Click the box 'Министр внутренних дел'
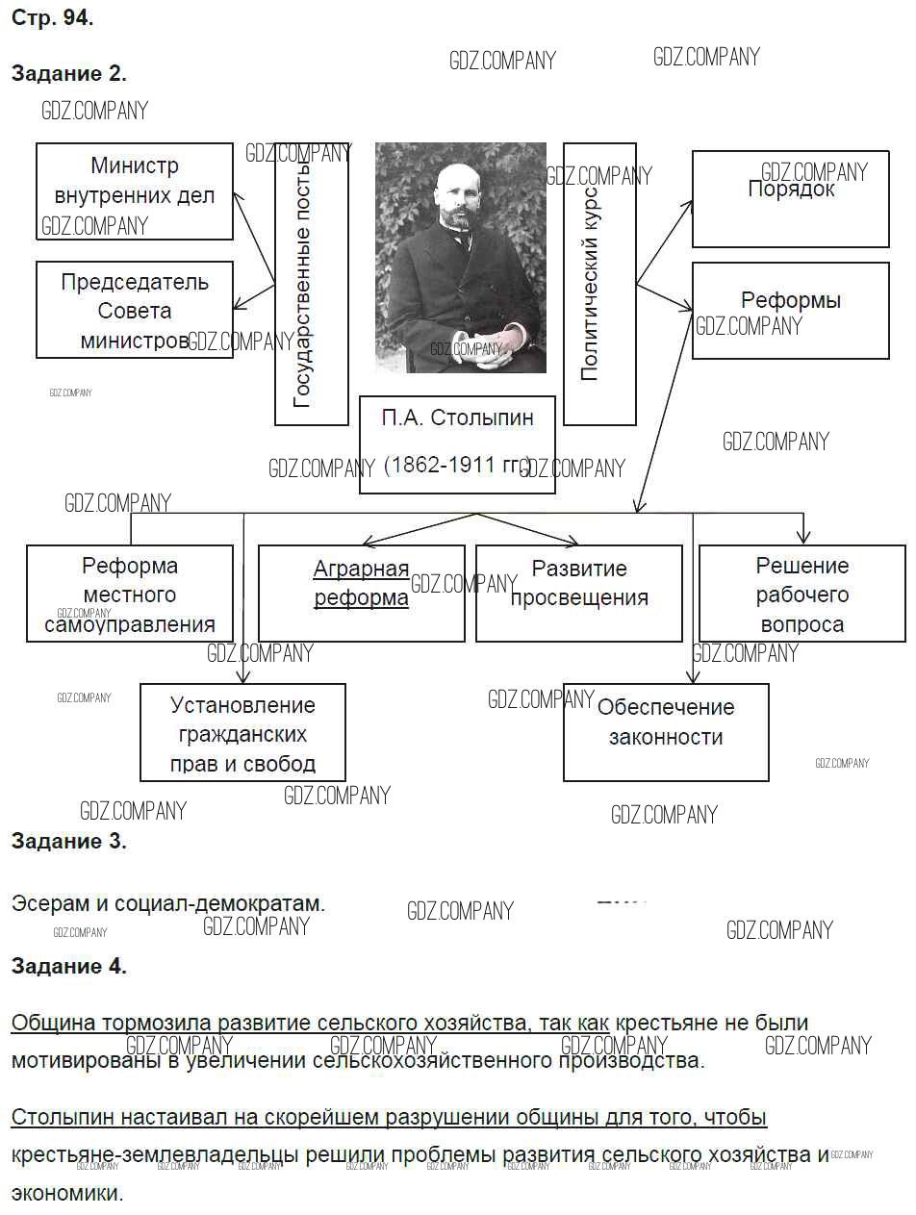[135, 190]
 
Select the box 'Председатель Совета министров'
[135, 310]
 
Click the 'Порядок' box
[790, 199]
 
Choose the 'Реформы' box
[790, 310]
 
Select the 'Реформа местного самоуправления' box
[130, 595]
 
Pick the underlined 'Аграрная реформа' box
[361, 584]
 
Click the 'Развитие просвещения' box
[579, 584]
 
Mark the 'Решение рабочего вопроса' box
[801, 595]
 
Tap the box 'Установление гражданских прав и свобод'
[242, 734]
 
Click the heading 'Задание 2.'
[68, 74]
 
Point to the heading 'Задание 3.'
[68, 841]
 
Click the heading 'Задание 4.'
[68, 967]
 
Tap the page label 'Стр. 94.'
[52, 18]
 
